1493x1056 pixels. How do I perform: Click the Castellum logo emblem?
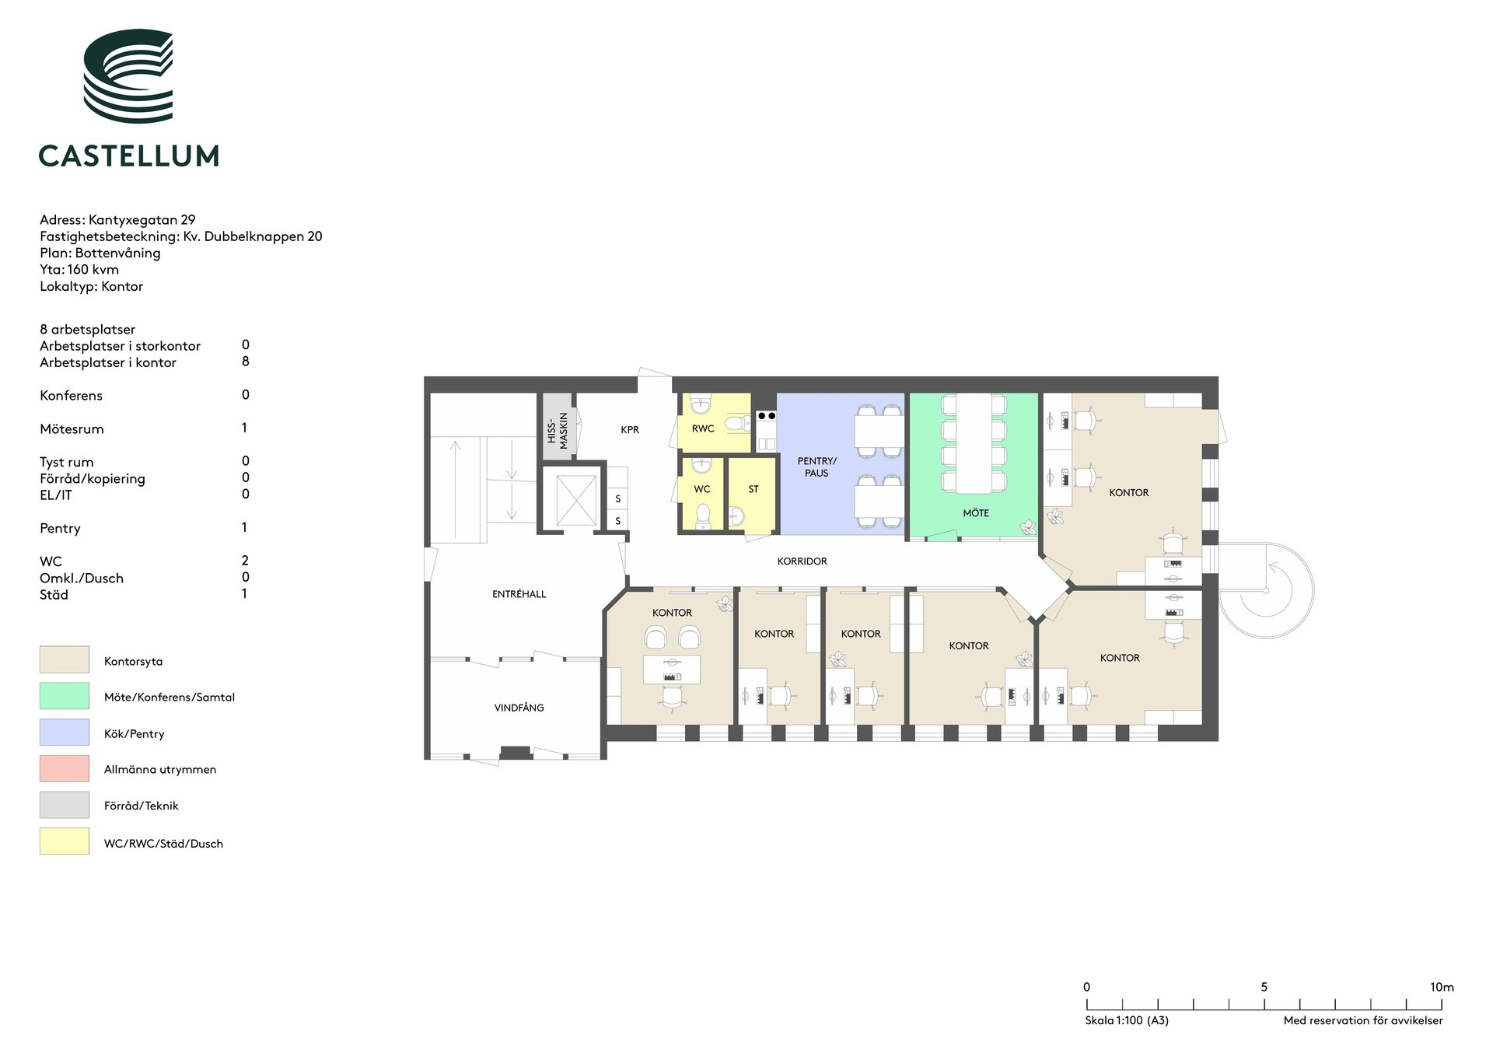(x=128, y=76)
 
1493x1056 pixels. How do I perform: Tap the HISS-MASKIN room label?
(x=558, y=430)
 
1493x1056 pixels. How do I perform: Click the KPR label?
(x=630, y=430)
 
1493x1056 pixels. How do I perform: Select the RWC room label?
(x=703, y=428)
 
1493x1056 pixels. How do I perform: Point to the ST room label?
(x=753, y=489)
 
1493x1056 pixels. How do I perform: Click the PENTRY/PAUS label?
(x=816, y=467)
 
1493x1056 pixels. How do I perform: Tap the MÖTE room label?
(x=976, y=513)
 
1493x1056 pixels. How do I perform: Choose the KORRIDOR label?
(x=802, y=561)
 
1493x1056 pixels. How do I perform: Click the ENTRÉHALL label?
(x=519, y=593)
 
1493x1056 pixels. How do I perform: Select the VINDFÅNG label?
(x=519, y=708)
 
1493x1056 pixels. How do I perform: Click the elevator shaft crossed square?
(x=576, y=499)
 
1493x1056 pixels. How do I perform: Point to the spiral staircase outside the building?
(x=1266, y=590)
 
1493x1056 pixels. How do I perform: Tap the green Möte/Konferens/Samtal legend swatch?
(x=65, y=696)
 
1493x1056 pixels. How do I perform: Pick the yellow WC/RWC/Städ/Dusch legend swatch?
(x=65, y=841)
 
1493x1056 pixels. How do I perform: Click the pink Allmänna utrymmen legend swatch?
(x=65, y=768)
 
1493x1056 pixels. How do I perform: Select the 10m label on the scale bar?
(x=1442, y=987)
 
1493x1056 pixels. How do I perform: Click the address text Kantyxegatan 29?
(x=142, y=220)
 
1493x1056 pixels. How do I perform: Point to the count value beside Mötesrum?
(x=244, y=428)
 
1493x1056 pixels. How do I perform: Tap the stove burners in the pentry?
(x=767, y=416)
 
